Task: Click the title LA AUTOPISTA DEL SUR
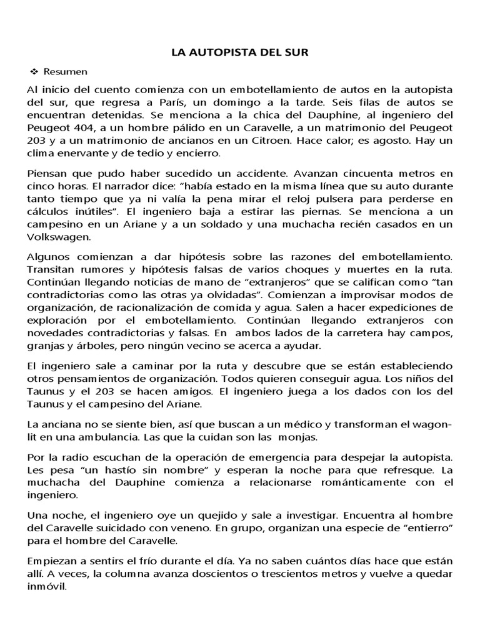240,54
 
